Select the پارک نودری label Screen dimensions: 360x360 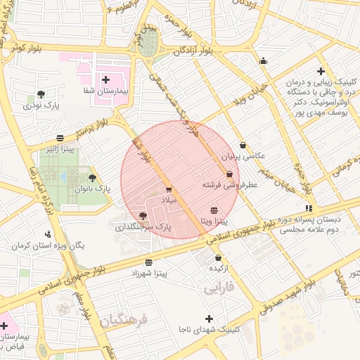pyautogui.click(x=43, y=105)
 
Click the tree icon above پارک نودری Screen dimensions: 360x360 pyautogui.click(x=41, y=94)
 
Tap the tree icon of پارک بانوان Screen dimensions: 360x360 pyautogui.click(x=92, y=178)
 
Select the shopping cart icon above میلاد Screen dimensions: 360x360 pyautogui.click(x=168, y=190)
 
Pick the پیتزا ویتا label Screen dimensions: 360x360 pyautogui.click(x=214, y=221)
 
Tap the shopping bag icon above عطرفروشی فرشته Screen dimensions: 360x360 pyautogui.click(x=229, y=174)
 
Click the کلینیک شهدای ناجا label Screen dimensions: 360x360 pyautogui.click(x=209, y=329)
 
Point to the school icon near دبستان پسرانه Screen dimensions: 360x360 pyautogui.click(x=309, y=208)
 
